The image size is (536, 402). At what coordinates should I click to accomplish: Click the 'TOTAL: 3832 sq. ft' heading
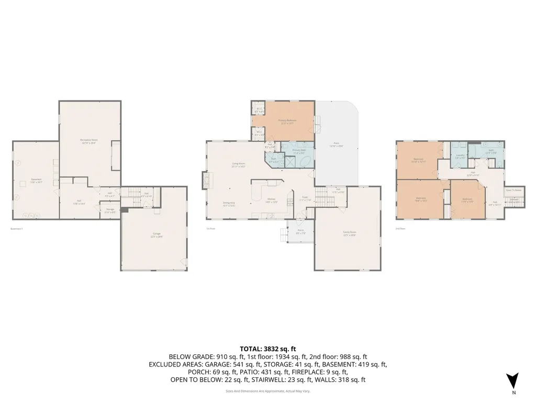(267, 348)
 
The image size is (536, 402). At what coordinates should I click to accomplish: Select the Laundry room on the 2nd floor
(460, 156)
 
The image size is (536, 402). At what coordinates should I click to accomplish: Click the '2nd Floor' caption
(400, 229)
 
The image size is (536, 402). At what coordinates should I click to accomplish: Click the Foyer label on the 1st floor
(306, 199)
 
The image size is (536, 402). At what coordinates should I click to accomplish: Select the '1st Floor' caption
(211, 229)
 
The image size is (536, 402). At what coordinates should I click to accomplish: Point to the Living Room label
(238, 165)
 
